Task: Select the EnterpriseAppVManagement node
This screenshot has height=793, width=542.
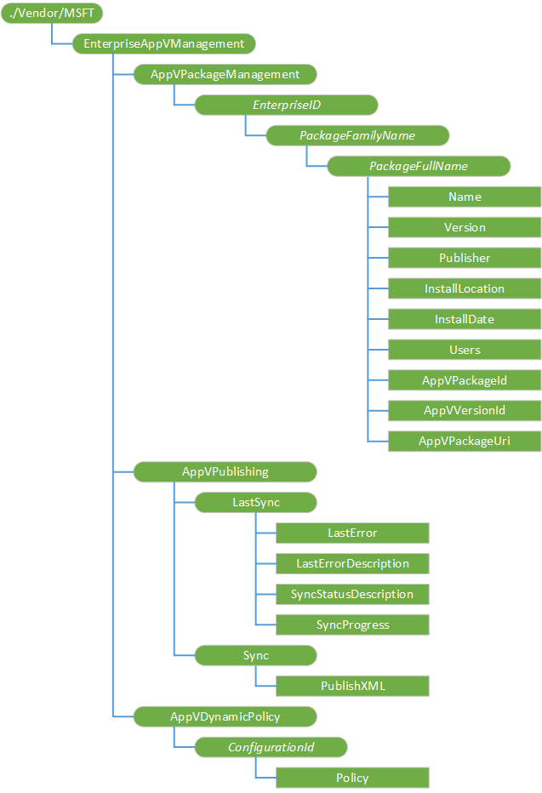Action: (164, 43)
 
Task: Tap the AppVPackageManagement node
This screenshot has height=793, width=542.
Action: (225, 74)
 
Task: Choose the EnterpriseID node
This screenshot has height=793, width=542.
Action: (286, 105)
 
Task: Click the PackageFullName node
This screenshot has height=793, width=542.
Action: (419, 166)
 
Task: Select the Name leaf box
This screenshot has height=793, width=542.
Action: (465, 197)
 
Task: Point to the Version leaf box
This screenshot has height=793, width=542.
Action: (465, 227)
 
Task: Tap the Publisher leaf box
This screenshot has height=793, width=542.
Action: (465, 258)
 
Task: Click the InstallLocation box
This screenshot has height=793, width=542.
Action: (465, 288)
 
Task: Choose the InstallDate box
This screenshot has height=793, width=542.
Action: (465, 319)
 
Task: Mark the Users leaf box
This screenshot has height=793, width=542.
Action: (465, 350)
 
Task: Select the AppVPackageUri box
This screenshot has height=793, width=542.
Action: (465, 441)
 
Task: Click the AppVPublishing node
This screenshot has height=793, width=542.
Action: (225, 471)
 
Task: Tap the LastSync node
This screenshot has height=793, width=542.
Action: (255, 502)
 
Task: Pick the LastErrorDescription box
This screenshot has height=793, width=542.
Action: (352, 563)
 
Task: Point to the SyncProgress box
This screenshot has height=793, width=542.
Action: (352, 625)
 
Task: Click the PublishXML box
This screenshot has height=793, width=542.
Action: (352, 686)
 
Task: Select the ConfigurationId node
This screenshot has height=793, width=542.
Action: (271, 747)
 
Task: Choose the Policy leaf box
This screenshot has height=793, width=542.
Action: (352, 778)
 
